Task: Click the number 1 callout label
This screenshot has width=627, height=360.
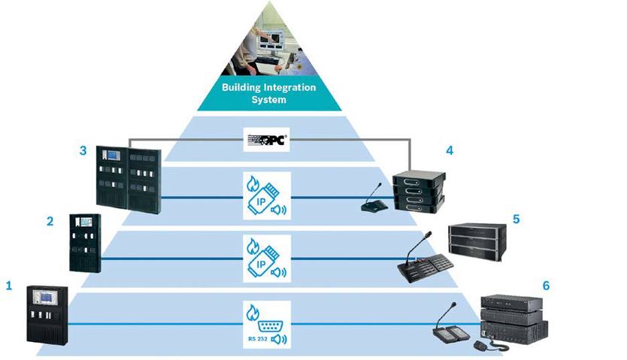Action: [9, 286]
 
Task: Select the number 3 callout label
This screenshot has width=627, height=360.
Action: [83, 150]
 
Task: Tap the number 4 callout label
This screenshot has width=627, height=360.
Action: [449, 150]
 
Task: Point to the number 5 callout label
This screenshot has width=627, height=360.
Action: [516, 220]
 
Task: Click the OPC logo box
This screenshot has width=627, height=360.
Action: [268, 139]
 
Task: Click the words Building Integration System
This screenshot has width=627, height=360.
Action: [269, 93]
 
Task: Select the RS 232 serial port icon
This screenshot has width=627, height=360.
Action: [268, 328]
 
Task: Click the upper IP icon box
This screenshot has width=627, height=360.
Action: [268, 196]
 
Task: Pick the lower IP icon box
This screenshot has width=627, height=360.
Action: [268, 259]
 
